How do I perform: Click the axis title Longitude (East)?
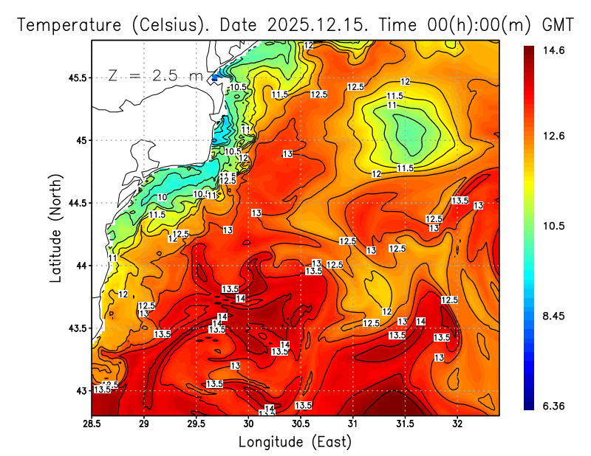point(295,442)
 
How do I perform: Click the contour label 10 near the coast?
point(162,198)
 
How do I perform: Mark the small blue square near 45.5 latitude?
point(215,77)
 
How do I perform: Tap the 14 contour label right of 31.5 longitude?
point(420,322)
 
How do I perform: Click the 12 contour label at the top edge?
point(308,46)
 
